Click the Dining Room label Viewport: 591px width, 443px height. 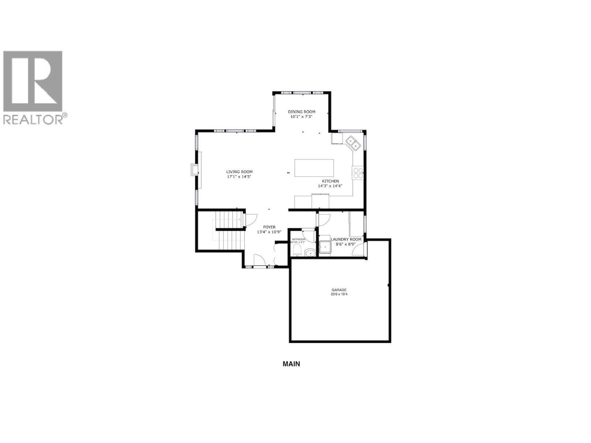pos(301,111)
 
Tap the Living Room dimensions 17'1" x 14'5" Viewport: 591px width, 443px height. pos(239,177)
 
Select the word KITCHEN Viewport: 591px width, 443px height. pos(330,181)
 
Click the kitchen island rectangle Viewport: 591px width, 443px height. pos(314,168)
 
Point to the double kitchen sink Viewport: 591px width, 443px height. pos(353,143)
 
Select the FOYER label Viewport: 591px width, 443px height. pos(269,227)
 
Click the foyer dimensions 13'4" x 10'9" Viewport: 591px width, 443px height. pos(269,232)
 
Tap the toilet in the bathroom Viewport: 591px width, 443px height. pos(297,251)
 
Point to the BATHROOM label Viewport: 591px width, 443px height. pos(298,239)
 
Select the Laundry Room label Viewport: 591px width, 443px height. pos(346,239)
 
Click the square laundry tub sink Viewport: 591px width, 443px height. pos(325,247)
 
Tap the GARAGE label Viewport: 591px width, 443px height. pos(339,290)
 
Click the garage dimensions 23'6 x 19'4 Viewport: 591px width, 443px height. pos(339,295)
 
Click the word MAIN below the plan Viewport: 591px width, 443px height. pos(291,364)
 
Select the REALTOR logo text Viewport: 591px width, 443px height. pos(33,119)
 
